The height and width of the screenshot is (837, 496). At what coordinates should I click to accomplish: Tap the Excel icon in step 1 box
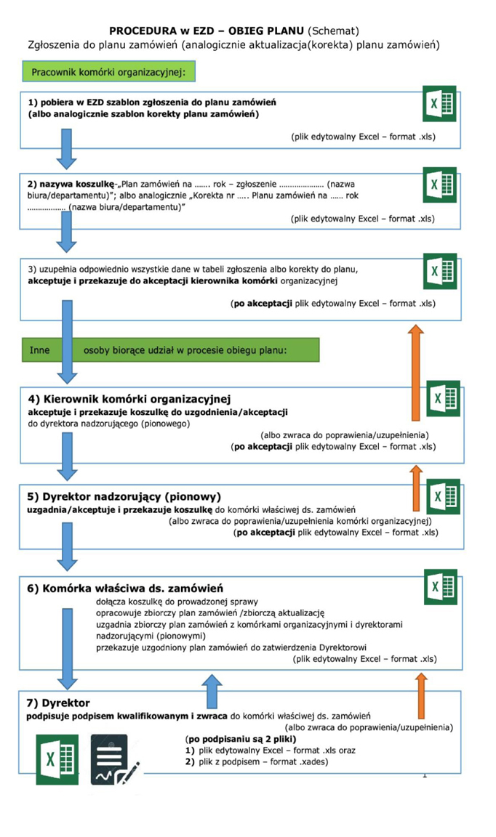439,103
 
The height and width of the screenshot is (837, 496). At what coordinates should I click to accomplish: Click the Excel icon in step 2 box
439,185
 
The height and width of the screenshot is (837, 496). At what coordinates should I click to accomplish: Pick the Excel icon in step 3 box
439,271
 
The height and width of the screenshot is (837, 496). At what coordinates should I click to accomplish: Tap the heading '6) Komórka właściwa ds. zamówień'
125,588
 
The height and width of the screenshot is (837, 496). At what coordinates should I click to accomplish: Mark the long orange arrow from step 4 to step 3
415,371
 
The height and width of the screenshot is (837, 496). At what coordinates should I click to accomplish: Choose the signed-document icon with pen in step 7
114,759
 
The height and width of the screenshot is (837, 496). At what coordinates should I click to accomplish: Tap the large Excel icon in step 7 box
57,759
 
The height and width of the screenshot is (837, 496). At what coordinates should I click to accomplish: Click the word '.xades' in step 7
312,761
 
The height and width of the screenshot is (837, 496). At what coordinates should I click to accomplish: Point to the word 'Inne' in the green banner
39,349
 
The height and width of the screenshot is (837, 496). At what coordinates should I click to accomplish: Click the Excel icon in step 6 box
439,587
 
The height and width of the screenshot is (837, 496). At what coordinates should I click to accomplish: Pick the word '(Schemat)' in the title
334,31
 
